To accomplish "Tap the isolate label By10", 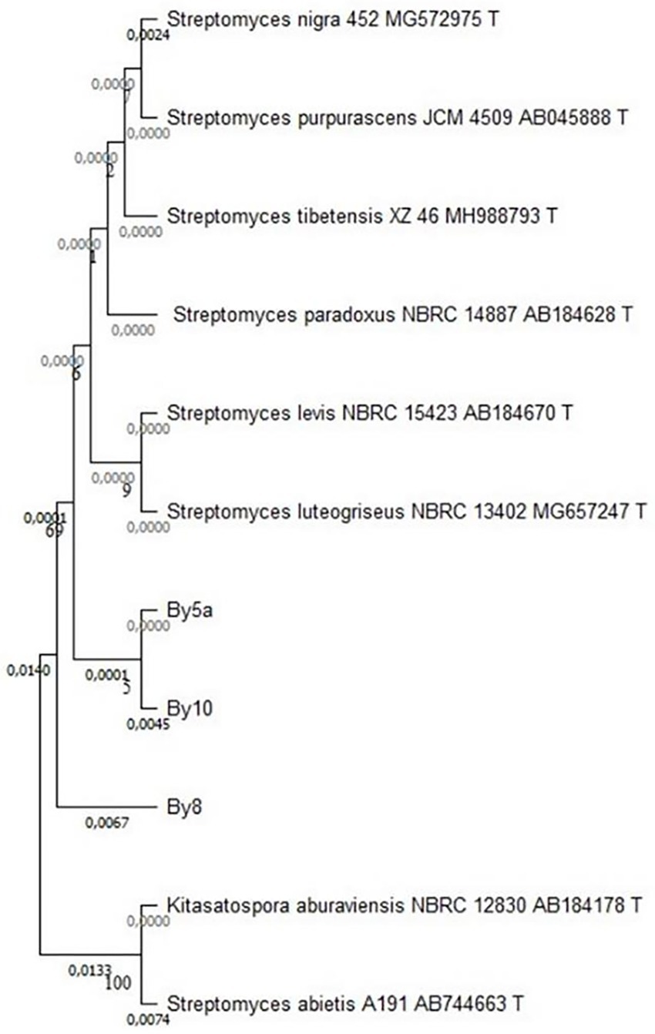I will (x=185, y=707).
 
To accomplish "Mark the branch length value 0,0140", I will (x=28, y=670).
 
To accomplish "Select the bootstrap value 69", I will (x=53, y=531).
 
